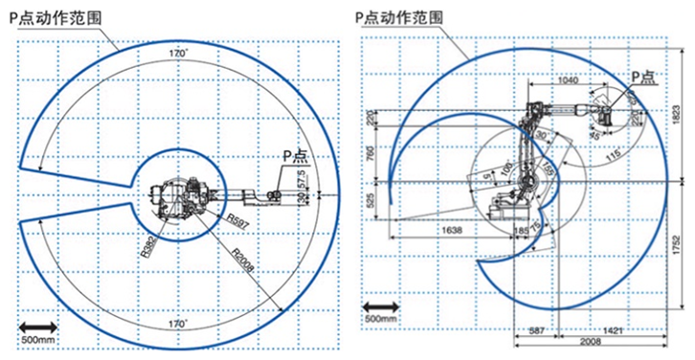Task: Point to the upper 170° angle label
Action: tap(177, 53)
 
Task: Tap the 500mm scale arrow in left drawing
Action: tap(37, 329)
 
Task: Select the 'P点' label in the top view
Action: tap(292, 156)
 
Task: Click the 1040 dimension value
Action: tap(567, 81)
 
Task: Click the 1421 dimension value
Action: tap(616, 330)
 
